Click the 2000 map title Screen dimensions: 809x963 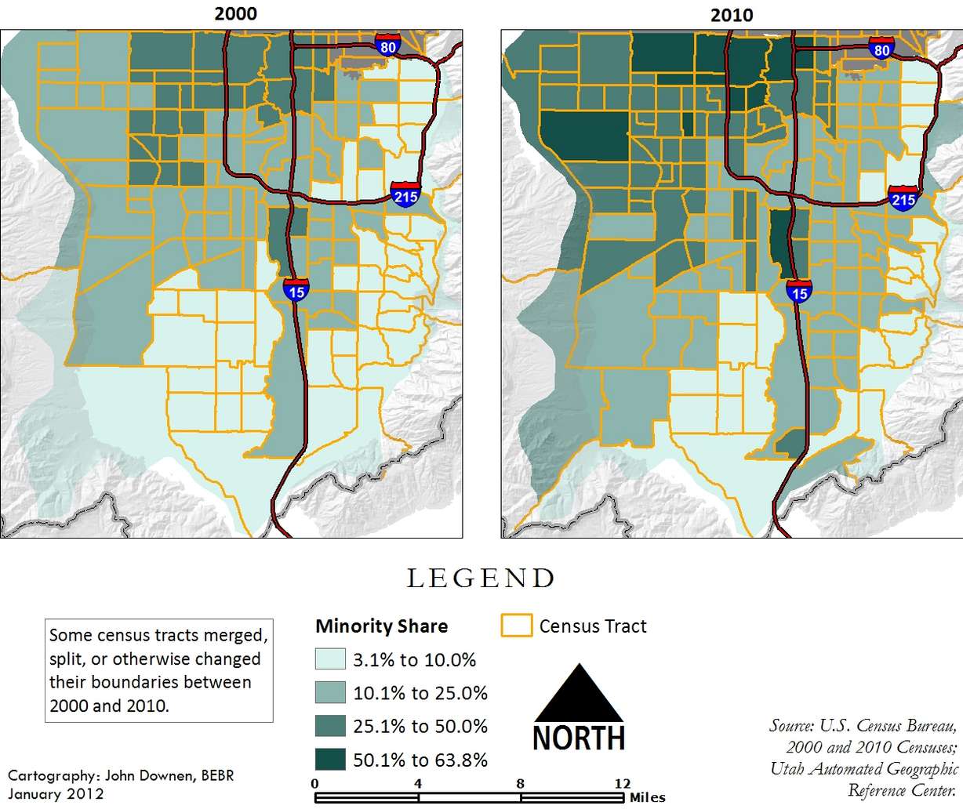click(235, 13)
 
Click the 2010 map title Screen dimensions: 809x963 click(731, 15)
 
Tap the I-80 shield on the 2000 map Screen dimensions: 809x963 click(387, 45)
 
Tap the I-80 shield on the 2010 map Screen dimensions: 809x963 click(881, 49)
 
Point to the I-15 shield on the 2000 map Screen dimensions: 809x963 click(296, 289)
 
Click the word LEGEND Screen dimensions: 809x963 click(481, 579)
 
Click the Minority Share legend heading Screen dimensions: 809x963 click(381, 626)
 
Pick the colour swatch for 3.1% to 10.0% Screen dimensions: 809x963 click(330, 659)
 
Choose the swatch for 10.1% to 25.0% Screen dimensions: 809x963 click(330, 693)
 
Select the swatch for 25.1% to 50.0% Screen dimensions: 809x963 click(330, 726)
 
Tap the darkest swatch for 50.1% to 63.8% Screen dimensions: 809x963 click(330, 760)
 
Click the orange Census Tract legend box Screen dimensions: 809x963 click(516, 626)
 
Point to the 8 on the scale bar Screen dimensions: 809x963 click(521, 783)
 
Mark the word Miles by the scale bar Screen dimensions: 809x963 click(647, 797)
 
